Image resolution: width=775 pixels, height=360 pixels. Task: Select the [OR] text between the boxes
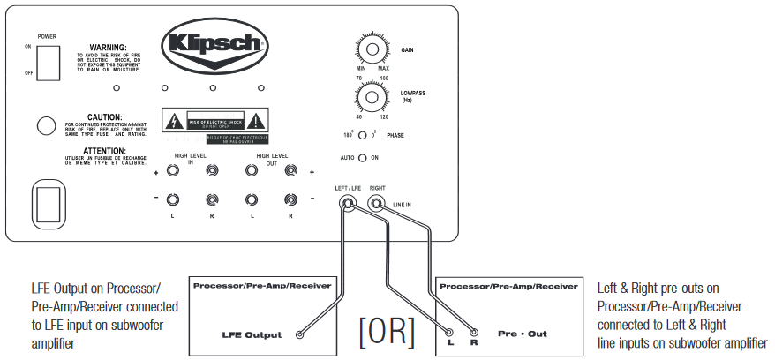coord(386,330)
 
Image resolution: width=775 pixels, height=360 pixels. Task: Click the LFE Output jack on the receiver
coord(300,335)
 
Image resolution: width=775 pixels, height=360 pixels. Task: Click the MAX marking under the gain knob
coord(383,69)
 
